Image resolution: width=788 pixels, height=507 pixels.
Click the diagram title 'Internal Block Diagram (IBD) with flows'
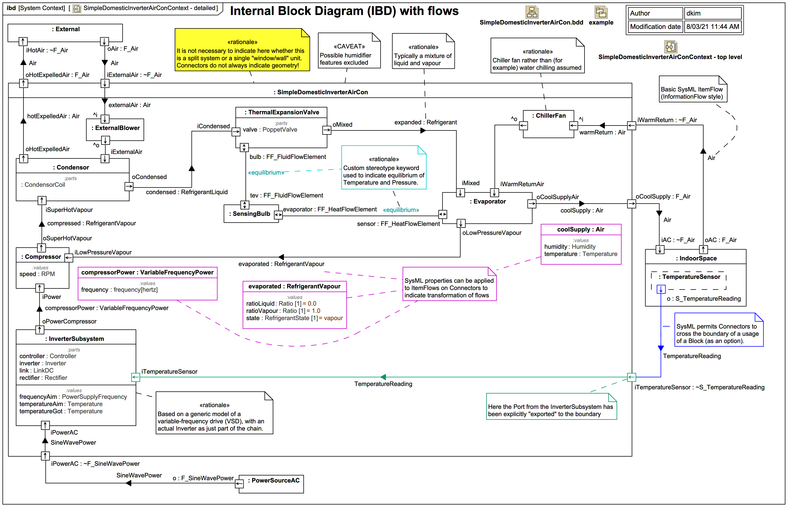344,11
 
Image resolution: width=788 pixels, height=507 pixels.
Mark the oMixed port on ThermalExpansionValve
327,130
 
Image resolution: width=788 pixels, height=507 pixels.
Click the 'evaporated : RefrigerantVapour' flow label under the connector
281,264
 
